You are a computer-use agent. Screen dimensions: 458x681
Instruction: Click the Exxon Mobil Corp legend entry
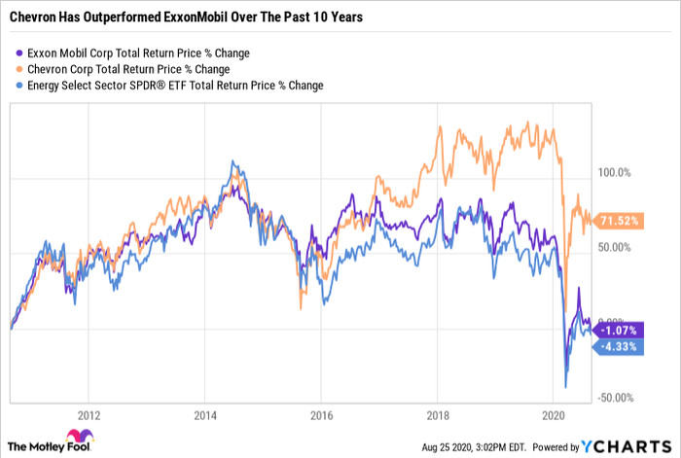132,53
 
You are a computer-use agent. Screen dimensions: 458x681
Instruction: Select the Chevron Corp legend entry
124,69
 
